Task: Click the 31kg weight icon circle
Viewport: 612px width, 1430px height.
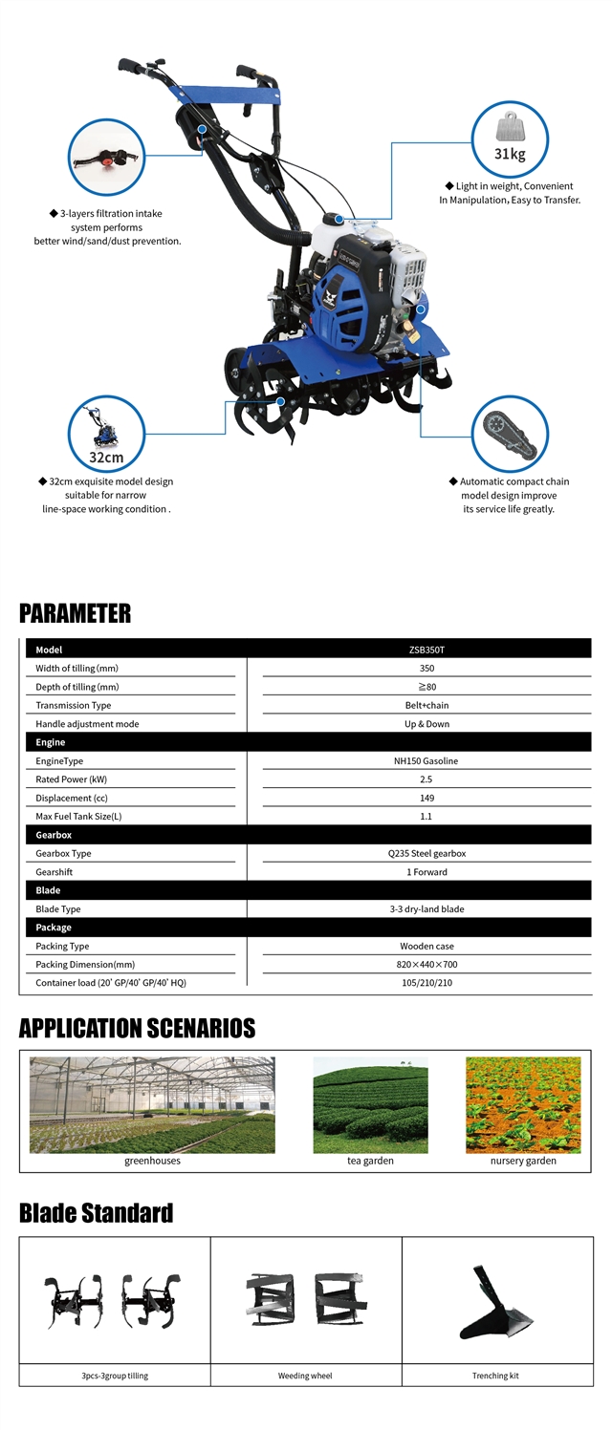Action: pos(510,139)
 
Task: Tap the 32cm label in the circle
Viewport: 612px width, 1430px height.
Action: pos(106,457)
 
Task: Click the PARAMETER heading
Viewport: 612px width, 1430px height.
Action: pos(75,613)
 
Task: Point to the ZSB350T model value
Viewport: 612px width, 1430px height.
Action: pos(426,650)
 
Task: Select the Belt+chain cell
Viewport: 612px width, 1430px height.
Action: pos(426,705)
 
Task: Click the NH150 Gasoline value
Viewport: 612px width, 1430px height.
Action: pos(426,761)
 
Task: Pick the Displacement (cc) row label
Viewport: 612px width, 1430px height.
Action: pos(72,798)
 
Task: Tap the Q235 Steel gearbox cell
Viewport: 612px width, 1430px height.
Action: pos(426,853)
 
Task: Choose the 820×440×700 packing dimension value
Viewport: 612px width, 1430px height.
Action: pos(426,965)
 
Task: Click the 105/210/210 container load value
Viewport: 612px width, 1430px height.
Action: pos(426,983)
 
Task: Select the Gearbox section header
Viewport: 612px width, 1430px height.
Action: pos(54,835)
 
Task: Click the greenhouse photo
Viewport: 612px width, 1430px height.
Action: pos(152,1104)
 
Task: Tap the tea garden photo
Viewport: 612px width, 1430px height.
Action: pos(370,1104)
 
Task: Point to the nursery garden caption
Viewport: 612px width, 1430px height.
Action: pos(523,1161)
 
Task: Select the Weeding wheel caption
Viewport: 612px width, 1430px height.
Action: pos(306,1376)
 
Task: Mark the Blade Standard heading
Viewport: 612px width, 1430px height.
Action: pos(96,1213)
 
